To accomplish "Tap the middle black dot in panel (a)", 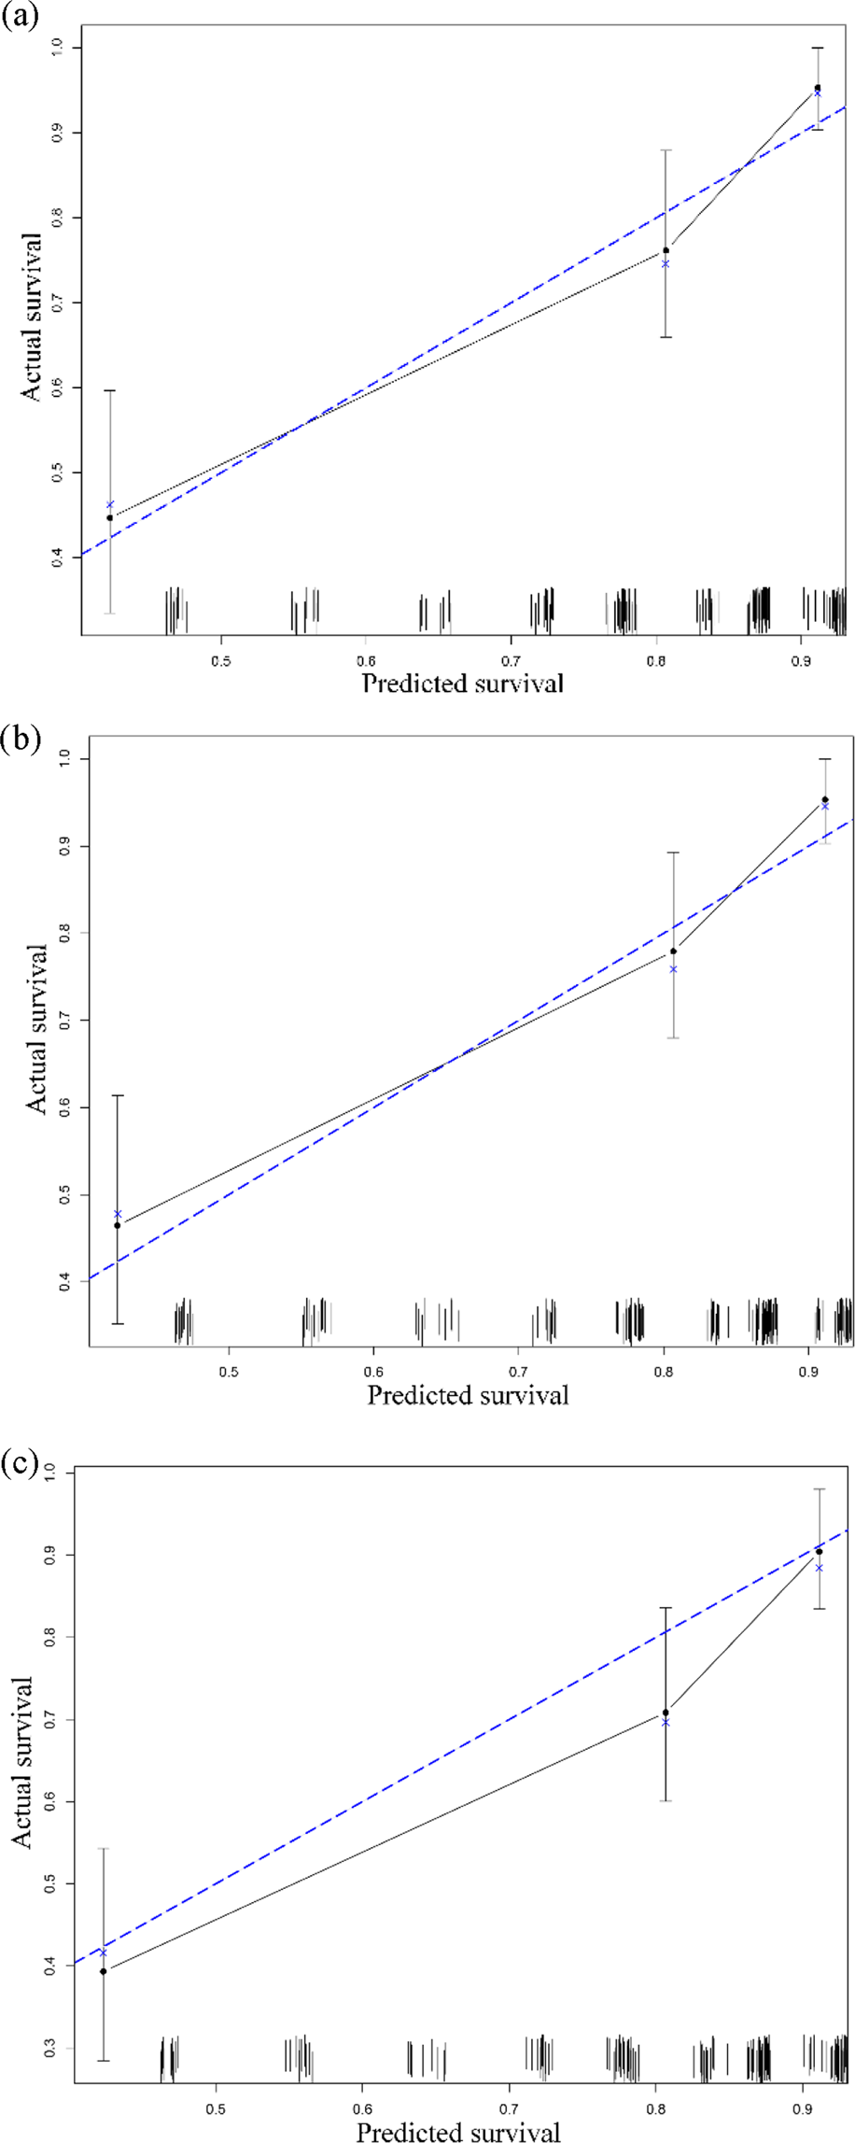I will coord(666,250).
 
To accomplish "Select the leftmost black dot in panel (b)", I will coord(117,1225).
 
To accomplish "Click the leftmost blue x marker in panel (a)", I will coord(110,504).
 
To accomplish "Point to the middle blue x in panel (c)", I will coord(666,1722).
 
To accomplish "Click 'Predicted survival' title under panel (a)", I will coord(462,684).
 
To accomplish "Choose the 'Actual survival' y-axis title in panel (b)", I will coord(36,1028).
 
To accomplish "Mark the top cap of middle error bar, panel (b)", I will coord(673,853).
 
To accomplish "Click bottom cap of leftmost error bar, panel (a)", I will coord(110,613).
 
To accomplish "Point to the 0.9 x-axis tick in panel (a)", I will coord(801,660).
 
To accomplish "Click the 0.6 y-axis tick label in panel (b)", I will coord(65,1107).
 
